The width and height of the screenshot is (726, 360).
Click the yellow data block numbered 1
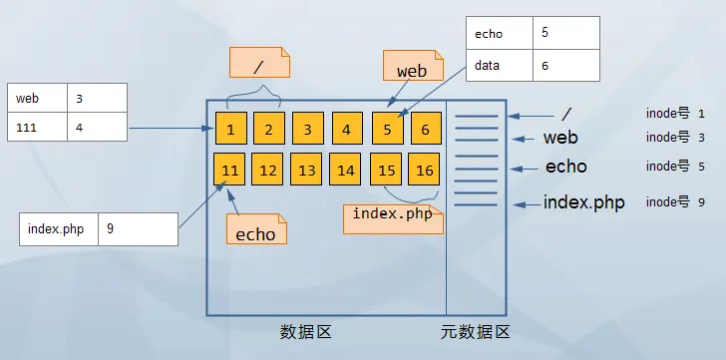point(230,129)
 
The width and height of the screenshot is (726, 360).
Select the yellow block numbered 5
point(387,129)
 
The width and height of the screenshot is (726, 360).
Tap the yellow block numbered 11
point(230,171)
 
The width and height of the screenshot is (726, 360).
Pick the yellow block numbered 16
point(425,171)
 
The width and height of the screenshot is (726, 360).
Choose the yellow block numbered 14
point(346,171)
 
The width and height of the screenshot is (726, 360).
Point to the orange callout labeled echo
point(255,232)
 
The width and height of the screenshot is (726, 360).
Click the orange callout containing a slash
point(259,65)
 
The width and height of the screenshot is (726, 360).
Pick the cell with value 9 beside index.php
point(138,228)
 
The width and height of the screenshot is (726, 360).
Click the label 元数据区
point(475,331)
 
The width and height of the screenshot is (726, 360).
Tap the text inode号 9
point(675,201)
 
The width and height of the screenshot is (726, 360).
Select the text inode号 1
point(675,115)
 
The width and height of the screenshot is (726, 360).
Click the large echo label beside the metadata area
point(565,167)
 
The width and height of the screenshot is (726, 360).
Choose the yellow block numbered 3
point(308,129)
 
